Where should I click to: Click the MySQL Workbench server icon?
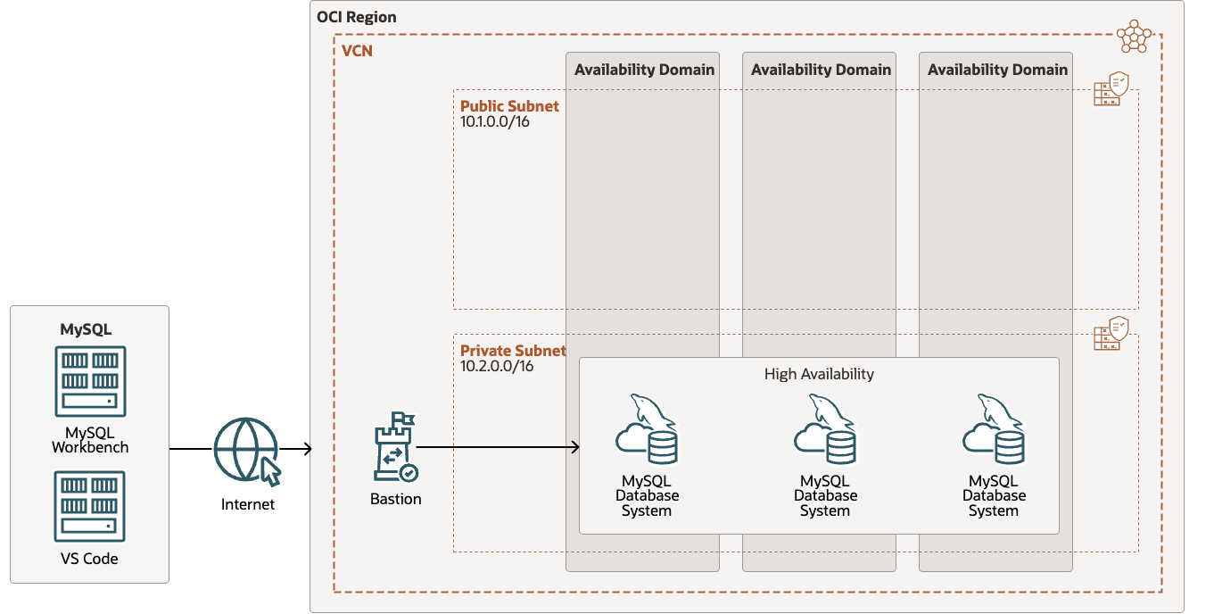click(90, 382)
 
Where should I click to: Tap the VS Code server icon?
click(90, 507)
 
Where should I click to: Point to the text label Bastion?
click(395, 499)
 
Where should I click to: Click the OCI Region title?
click(357, 17)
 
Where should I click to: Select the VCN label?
click(357, 51)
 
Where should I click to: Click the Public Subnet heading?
click(509, 106)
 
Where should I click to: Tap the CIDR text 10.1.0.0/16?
click(495, 121)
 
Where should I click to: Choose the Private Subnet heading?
click(513, 351)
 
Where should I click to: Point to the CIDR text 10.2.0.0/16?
click(497, 366)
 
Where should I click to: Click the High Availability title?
click(819, 374)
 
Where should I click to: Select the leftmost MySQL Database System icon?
click(647, 429)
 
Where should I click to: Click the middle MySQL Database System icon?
click(824, 429)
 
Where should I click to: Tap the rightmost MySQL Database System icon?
click(993, 429)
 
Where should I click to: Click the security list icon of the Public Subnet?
click(1111, 90)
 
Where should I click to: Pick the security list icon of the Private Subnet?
click(1111, 334)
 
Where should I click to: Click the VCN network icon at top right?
click(1134, 36)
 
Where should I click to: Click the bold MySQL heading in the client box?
click(86, 329)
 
